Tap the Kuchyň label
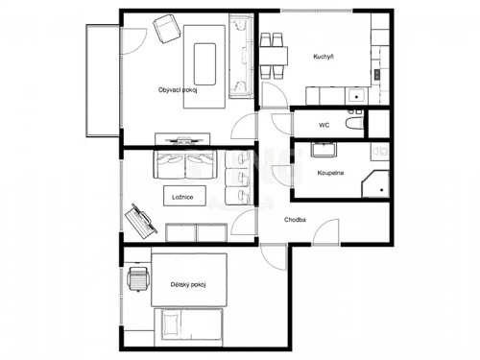(324, 58)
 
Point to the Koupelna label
(331, 173)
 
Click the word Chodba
(295, 220)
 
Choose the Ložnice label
(183, 197)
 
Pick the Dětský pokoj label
(188, 284)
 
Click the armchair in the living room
(167, 30)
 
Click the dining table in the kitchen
(273, 56)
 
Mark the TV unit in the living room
(182, 136)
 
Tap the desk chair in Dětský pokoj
(138, 281)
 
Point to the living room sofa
(239, 58)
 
